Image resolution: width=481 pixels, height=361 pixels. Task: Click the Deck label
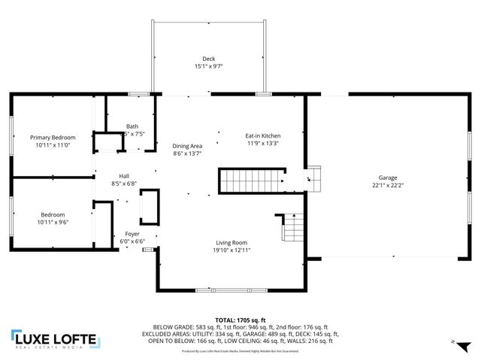[x=208, y=59]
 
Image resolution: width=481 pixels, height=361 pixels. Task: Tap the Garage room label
[x=388, y=177]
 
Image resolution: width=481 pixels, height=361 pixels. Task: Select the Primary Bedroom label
[x=53, y=138]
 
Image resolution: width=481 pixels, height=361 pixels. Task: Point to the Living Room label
[x=231, y=242]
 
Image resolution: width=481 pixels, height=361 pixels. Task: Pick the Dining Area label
[x=187, y=146]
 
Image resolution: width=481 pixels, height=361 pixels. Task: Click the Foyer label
[x=132, y=235]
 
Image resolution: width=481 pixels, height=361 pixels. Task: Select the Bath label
[x=132, y=126]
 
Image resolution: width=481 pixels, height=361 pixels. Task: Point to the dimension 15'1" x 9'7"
[x=208, y=66]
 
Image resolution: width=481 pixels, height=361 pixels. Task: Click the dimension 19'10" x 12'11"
[x=231, y=250]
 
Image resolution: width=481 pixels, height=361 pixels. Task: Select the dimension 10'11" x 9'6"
[x=53, y=222]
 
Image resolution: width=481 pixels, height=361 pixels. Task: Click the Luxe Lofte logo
[x=53, y=339]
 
